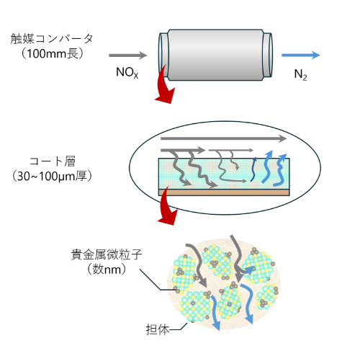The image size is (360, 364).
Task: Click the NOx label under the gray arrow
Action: pyautogui.click(x=127, y=73)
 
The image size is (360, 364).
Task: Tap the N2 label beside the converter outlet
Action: pyautogui.click(x=300, y=75)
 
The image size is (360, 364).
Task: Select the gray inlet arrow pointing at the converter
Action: pyautogui.click(x=127, y=56)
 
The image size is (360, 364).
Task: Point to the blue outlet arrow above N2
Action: pyautogui.click(x=301, y=55)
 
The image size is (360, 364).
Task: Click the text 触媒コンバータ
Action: pyautogui.click(x=52, y=39)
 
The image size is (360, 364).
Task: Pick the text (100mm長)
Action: pyautogui.click(x=53, y=53)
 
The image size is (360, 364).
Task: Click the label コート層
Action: pyautogui.click(x=53, y=161)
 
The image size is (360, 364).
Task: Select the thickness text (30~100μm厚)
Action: pyautogui.click(x=52, y=176)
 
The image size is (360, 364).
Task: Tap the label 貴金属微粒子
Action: pyautogui.click(x=107, y=254)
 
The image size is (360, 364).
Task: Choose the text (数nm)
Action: pyautogui.click(x=107, y=269)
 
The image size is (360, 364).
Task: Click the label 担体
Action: pyautogui.click(x=158, y=329)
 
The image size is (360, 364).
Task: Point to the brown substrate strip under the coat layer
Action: pyautogui.click(x=224, y=192)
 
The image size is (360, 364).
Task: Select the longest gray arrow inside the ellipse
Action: pyautogui.click(x=224, y=138)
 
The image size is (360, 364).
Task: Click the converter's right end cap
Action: pyautogui.click(x=267, y=55)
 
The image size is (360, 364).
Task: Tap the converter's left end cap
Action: pyautogui.click(x=163, y=55)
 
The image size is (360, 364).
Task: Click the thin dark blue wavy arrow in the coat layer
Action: pyautogui.click(x=253, y=169)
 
